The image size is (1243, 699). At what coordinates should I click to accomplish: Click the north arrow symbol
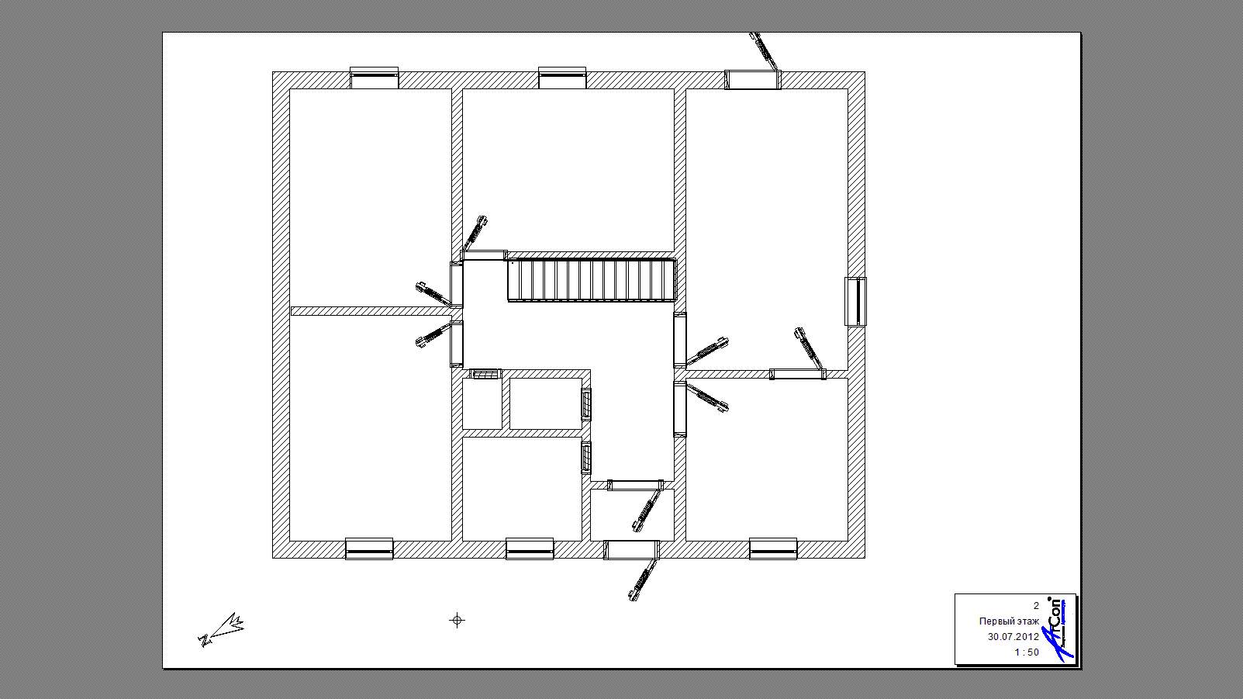click(222, 630)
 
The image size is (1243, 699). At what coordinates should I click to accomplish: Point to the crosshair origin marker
click(457, 620)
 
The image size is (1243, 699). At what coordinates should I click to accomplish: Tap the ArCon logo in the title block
click(1057, 630)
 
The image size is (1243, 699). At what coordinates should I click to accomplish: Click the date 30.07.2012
click(1013, 637)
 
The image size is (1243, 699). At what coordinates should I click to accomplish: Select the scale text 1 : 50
click(1027, 652)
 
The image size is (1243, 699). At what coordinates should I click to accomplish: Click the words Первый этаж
click(1009, 621)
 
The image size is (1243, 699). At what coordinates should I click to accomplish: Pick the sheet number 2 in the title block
click(1035, 606)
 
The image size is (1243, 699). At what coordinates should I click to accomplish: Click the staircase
click(592, 280)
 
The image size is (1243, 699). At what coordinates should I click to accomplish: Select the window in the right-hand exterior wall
click(855, 302)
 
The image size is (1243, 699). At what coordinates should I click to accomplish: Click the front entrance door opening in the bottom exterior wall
click(631, 549)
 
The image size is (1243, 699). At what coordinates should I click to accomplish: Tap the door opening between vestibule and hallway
click(635, 485)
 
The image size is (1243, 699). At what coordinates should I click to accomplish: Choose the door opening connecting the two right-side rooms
click(797, 374)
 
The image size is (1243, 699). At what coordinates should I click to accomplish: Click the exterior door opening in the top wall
click(753, 79)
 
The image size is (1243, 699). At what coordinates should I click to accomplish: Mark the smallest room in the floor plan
click(482, 403)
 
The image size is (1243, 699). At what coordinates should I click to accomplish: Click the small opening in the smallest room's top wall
click(485, 374)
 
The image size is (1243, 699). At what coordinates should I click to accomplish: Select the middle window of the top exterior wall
click(563, 78)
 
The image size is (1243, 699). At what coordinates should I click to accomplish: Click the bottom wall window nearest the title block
click(773, 549)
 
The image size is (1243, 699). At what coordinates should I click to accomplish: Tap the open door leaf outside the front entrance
click(644, 579)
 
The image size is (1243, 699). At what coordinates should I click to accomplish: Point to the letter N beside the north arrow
click(204, 641)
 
